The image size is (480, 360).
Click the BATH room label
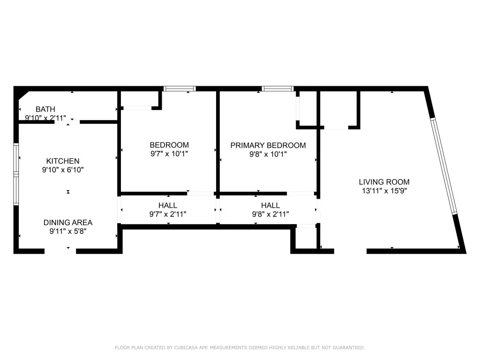coord(45,109)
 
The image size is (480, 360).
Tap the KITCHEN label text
coord(63,161)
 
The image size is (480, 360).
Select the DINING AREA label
coord(68,223)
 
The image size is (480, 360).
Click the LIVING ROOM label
coord(384,182)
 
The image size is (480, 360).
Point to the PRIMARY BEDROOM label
coord(268,145)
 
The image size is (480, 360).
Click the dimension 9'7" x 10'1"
coord(169,154)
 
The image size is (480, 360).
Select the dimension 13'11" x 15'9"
coord(384,191)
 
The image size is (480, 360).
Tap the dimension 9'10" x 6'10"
coord(63,170)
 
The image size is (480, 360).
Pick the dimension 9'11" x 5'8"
coord(68,231)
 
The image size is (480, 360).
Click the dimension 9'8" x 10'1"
coord(268,154)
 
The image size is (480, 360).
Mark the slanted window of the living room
coord(443,166)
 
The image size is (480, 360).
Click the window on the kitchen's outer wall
coord(16,174)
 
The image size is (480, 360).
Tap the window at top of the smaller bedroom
coord(180,89)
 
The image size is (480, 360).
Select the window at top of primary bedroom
coord(277,89)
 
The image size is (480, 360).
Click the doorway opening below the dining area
coord(60,251)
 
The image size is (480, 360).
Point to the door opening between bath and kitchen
coord(67,122)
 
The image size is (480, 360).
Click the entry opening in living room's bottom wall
coord(350,251)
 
